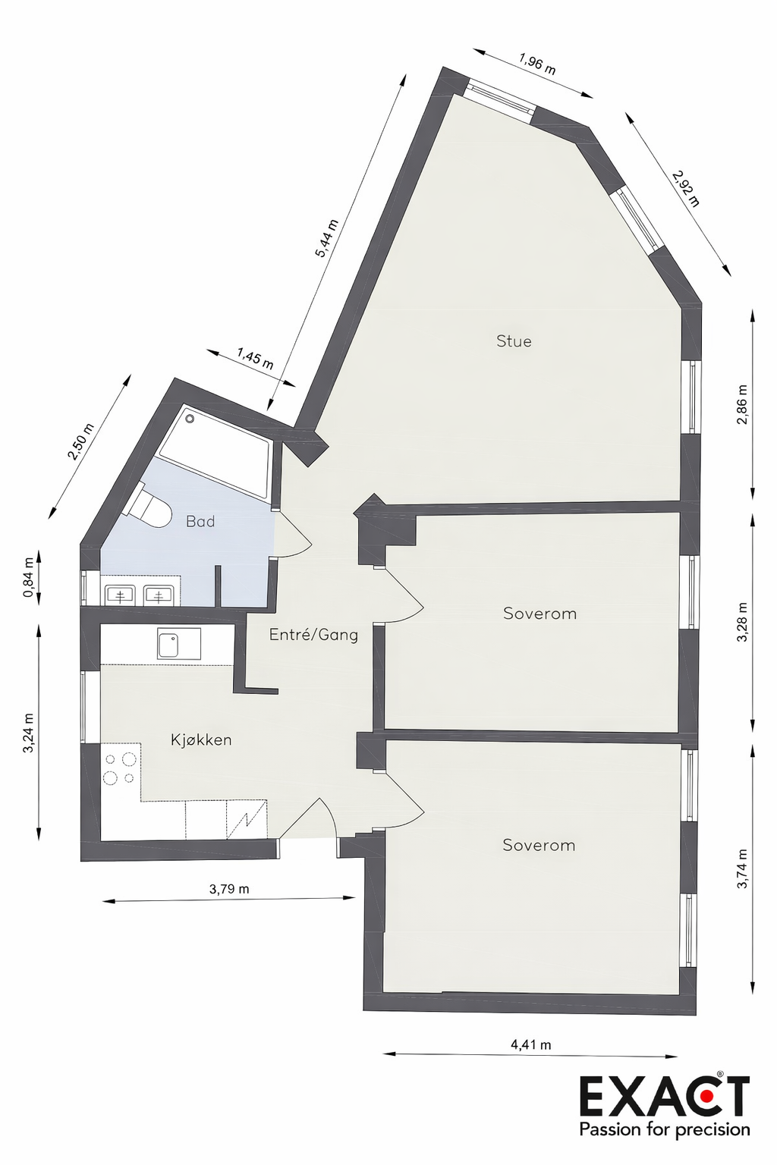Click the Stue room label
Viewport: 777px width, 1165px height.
click(514, 341)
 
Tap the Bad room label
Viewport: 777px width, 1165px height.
click(200, 522)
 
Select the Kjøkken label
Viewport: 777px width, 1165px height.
click(201, 740)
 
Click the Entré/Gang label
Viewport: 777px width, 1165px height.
click(313, 635)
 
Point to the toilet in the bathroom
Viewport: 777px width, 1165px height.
click(149, 508)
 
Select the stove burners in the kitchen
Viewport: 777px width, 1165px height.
click(120, 768)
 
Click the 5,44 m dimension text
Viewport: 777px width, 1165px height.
click(326, 238)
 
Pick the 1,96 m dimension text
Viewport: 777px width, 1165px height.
click(537, 64)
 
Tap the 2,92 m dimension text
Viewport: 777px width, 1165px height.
click(685, 188)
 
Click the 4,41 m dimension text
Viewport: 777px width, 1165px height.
click(530, 1044)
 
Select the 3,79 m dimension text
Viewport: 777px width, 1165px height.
click(229, 889)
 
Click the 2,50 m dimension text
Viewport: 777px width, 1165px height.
click(80, 441)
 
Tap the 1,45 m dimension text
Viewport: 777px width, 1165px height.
click(255, 358)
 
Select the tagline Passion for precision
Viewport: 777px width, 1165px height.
click(665, 1129)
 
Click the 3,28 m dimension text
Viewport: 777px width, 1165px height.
click(742, 622)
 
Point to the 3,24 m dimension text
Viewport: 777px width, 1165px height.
click(29, 733)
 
